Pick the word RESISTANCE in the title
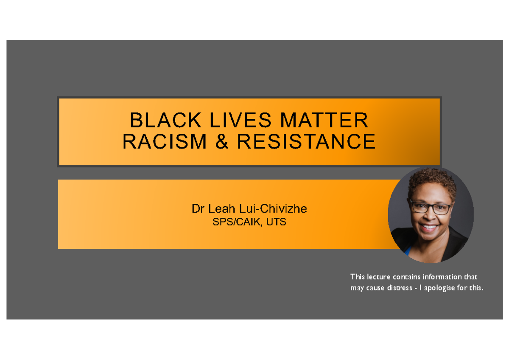pyautogui.click(x=306, y=141)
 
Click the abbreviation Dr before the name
pyautogui.click(x=197, y=209)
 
